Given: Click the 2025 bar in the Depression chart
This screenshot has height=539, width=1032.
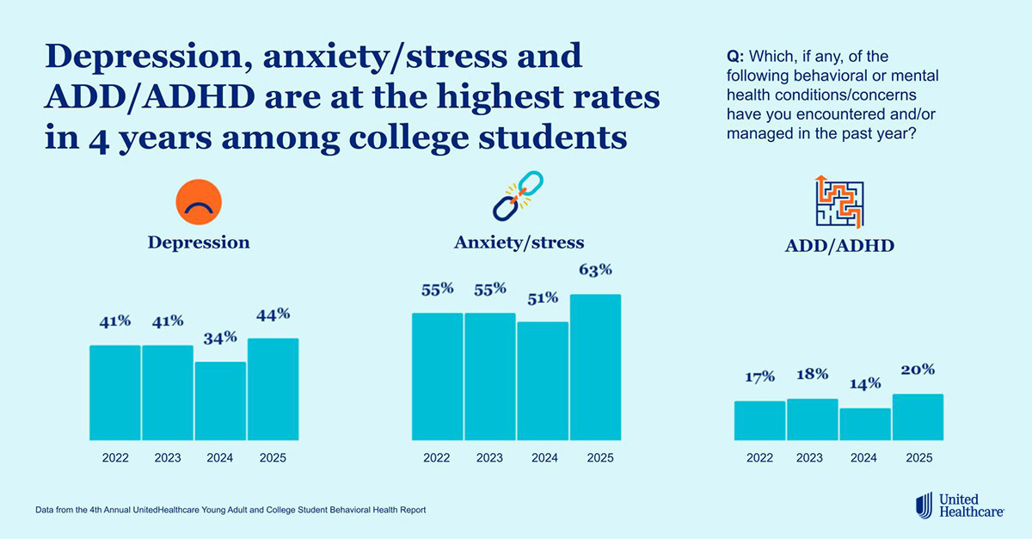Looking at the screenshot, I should [273, 389].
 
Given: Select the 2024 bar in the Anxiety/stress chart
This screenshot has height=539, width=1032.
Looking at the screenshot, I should [543, 380].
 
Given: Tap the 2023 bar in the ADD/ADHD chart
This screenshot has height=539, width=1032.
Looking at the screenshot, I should [812, 419].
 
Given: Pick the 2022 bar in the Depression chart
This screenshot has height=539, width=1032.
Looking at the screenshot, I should [115, 392].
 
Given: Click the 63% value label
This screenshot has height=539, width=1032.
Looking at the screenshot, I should [595, 270].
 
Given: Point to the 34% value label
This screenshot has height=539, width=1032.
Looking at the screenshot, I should [220, 338].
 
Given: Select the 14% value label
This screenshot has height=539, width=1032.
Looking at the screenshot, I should [864, 384].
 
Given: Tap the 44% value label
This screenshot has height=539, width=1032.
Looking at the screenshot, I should [273, 315].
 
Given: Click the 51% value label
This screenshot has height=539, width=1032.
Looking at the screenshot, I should [543, 298].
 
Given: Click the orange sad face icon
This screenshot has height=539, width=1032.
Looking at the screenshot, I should [199, 202].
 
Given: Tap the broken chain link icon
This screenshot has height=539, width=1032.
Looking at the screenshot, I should [519, 195].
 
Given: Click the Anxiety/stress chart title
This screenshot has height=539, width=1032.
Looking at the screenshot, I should [519, 242].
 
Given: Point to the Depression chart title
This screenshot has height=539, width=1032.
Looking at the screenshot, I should [199, 242].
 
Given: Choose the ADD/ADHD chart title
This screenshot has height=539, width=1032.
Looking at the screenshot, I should [839, 246].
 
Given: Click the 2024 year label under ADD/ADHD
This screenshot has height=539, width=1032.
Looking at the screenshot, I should [864, 458].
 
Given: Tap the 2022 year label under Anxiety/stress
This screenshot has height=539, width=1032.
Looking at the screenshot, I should [437, 458].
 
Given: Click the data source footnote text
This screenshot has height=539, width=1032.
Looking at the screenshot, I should [230, 510].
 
